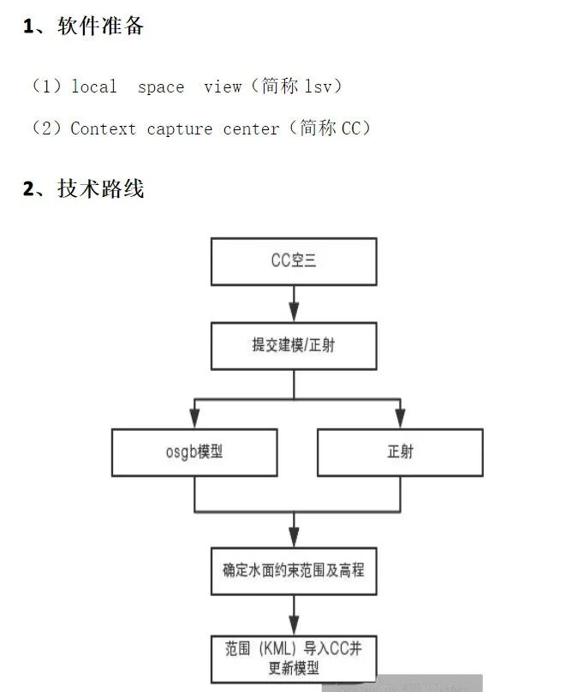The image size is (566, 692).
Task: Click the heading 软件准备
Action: [x=100, y=27]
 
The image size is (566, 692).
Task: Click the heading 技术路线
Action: [x=100, y=188]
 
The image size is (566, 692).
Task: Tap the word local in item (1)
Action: [x=94, y=86]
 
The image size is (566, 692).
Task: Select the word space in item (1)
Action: [x=160, y=86]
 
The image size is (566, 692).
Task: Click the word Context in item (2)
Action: [x=103, y=129]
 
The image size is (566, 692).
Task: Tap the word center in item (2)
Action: [x=251, y=129]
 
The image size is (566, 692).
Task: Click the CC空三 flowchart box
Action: [x=294, y=261]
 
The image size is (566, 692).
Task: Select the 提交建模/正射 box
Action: [x=294, y=345]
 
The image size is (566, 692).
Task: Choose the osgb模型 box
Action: [x=194, y=451]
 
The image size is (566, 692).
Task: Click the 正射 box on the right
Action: [x=400, y=451]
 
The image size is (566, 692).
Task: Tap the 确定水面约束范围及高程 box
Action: [x=294, y=569]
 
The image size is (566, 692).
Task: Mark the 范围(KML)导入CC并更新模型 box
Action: [x=294, y=658]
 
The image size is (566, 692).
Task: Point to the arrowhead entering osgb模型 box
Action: [x=194, y=419]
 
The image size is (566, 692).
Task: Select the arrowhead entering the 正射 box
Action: [x=400, y=419]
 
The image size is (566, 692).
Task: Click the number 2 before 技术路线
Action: [x=28, y=189]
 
